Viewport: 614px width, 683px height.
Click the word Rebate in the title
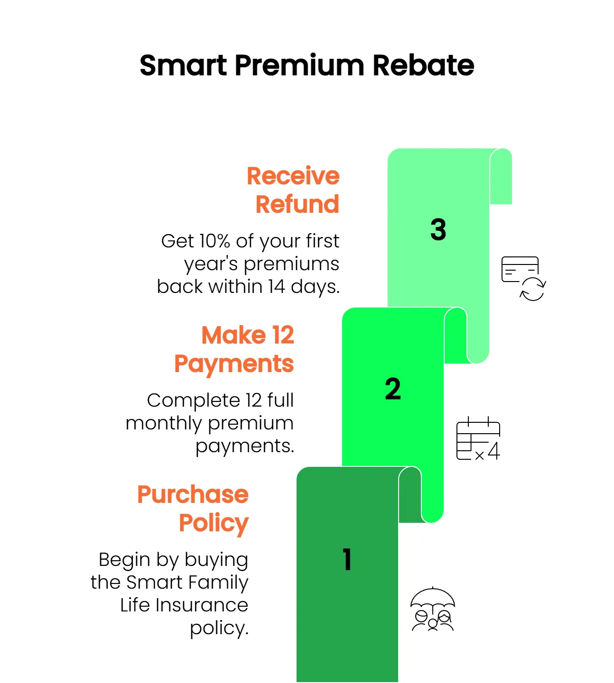(x=423, y=65)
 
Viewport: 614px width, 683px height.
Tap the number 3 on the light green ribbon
(x=438, y=229)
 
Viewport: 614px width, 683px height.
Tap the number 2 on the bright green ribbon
(x=392, y=389)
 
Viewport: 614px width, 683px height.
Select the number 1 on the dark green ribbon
(x=347, y=560)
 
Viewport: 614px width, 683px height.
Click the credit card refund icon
(x=523, y=278)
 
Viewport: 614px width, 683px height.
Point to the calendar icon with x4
(x=478, y=438)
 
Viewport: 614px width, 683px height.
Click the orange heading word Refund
(x=297, y=204)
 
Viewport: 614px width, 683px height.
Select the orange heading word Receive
(x=293, y=176)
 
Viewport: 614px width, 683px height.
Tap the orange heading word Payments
(x=234, y=364)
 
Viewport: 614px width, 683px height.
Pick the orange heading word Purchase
(x=193, y=494)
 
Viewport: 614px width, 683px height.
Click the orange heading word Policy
(x=214, y=524)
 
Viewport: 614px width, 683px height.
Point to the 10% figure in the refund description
(x=214, y=241)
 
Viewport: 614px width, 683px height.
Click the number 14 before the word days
(x=277, y=287)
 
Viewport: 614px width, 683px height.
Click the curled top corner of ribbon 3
(x=501, y=176)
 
